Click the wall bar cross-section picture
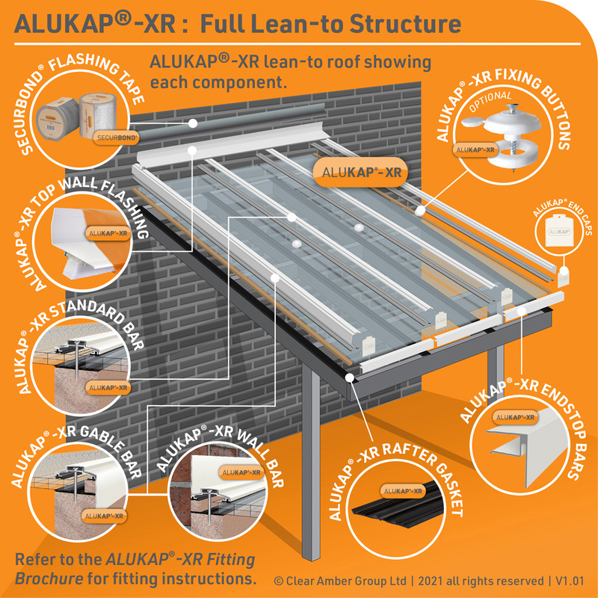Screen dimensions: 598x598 click(x=217, y=490)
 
